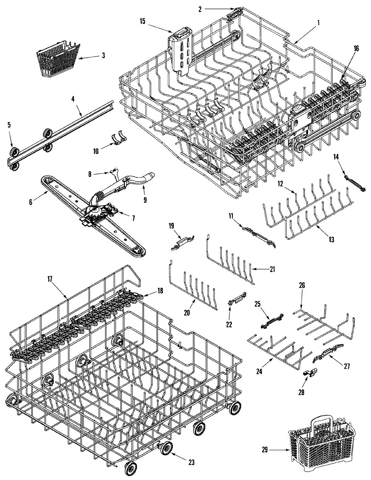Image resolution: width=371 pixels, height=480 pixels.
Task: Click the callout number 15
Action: tap(142, 21)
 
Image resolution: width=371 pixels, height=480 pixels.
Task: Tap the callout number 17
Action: tap(50, 278)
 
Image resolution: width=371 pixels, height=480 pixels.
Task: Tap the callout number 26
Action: tap(302, 285)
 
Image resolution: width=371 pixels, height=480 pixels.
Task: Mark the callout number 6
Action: tap(30, 202)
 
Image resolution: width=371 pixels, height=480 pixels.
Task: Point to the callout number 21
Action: tap(272, 269)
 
